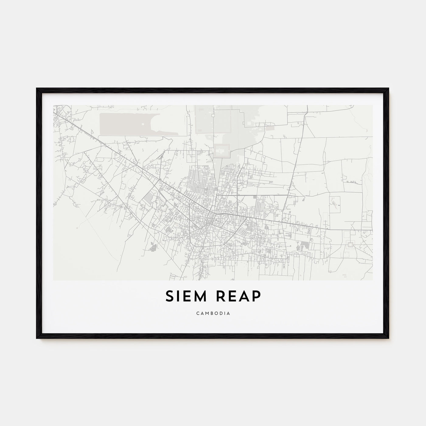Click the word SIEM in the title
coord(186,296)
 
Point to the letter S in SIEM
coord(169,296)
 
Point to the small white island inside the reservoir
coord(143,124)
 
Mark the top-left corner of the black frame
coord(37,89)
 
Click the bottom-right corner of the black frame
coord(389,338)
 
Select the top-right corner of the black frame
coord(389,89)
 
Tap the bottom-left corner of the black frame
coord(37,338)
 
